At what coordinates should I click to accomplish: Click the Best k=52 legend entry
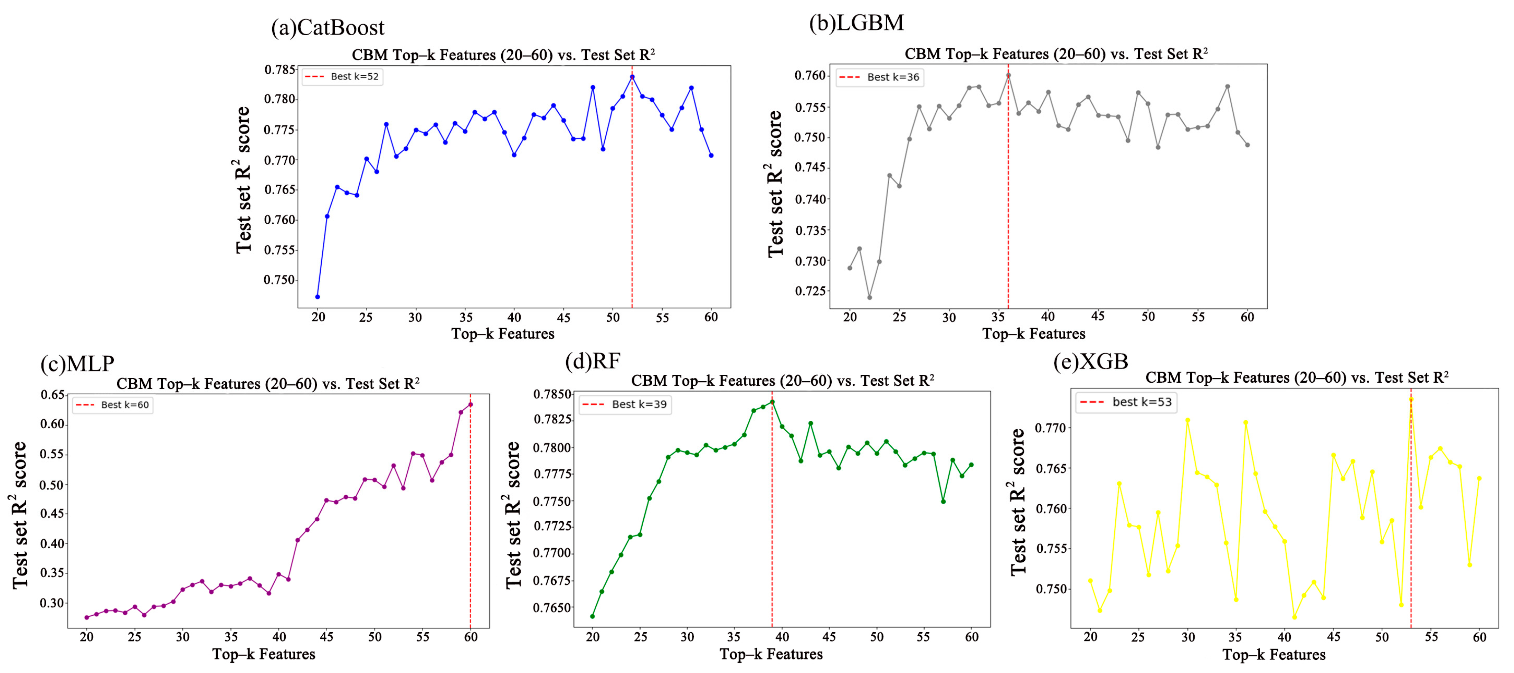point(343,76)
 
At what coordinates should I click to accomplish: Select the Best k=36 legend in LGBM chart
point(880,77)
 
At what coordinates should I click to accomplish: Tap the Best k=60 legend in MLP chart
point(113,405)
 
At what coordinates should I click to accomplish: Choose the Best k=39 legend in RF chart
point(625,404)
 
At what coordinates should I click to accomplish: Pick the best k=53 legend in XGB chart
point(1127,402)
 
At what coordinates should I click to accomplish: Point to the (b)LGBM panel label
point(856,22)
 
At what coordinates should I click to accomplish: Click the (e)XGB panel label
point(1090,361)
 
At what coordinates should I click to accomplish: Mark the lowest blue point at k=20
point(318,297)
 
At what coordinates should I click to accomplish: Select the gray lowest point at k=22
point(870,297)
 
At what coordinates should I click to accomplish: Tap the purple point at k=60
point(470,404)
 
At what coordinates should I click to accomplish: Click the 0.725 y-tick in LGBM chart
point(811,291)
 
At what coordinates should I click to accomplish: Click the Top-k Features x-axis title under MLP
point(264,654)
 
